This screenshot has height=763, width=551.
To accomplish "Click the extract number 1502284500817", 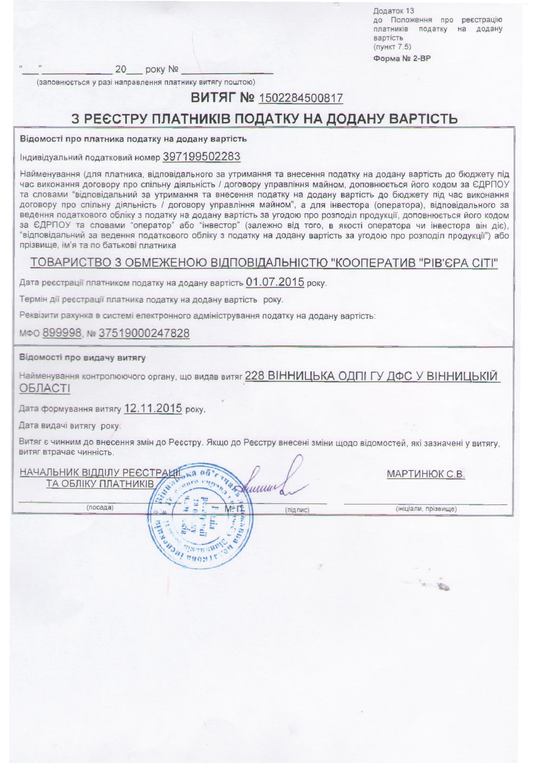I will coord(301,98).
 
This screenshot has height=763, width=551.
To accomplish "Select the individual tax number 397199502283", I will coord(201,157).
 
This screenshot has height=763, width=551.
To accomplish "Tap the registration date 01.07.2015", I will coord(275,282).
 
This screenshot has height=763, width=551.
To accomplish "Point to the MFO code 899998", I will coord(62,333).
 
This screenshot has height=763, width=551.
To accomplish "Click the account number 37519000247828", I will coord(144,333).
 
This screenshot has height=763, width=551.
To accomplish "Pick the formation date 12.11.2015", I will coord(153,409).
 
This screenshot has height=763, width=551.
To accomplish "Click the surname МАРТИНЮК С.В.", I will coord(426,474).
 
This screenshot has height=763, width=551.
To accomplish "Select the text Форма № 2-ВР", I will coord(402,58).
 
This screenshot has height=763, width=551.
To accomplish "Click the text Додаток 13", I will coord(388,11).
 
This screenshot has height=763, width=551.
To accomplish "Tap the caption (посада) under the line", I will coord(100,507).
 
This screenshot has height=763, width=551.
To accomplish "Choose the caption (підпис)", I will coord(297,510).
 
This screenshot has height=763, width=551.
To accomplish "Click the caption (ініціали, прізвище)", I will coord(426,509).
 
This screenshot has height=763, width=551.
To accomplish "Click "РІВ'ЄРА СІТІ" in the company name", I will coord(458,263).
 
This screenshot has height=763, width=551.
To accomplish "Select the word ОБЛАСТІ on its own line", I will coord(45,388).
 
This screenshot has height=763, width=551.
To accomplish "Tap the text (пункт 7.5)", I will coord(392,47).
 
